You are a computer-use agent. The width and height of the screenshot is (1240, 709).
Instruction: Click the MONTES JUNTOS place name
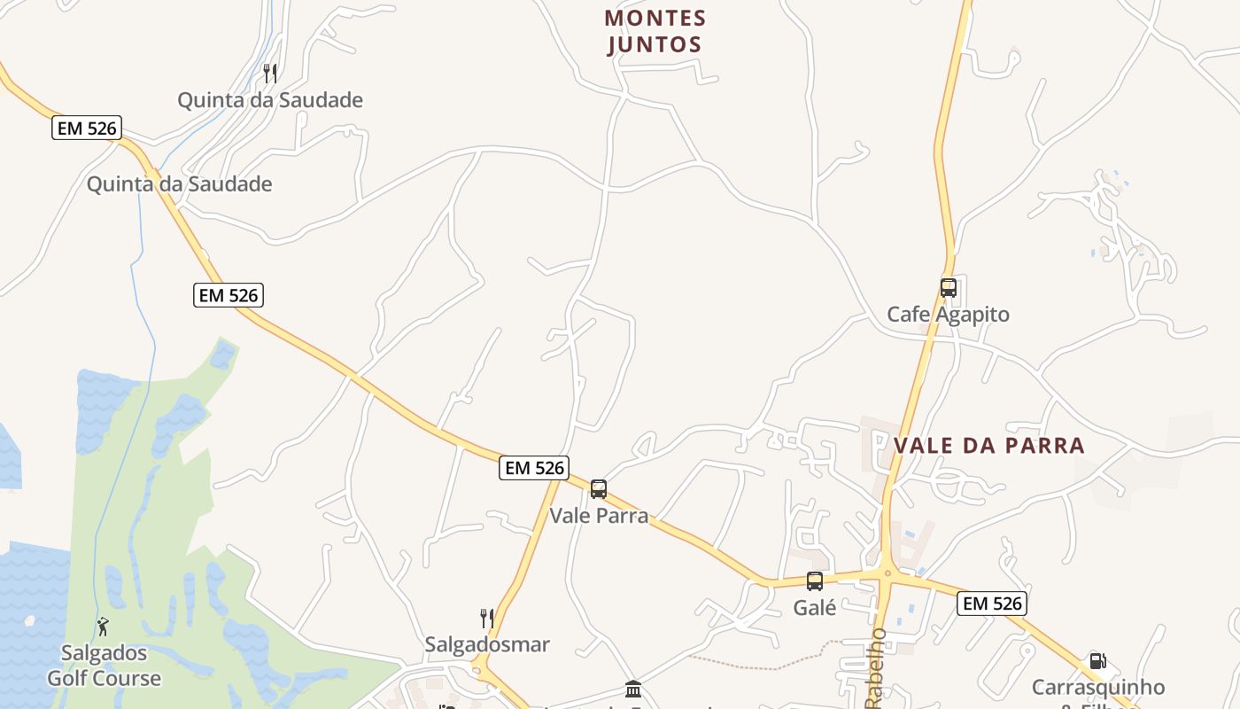pyautogui.click(x=655, y=31)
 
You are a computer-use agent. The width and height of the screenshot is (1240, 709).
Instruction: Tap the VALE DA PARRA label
pyautogui.click(x=989, y=445)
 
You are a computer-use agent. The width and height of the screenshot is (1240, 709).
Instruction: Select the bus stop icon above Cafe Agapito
pyautogui.click(x=948, y=288)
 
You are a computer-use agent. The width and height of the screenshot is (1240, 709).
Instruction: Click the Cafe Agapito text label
pyautogui.click(x=948, y=315)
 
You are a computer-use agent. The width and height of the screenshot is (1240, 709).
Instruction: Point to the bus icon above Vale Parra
pyautogui.click(x=599, y=489)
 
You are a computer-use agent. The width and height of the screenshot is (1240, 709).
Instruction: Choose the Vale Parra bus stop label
pyautogui.click(x=599, y=515)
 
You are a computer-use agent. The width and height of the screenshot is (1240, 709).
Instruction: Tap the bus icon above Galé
pyautogui.click(x=815, y=581)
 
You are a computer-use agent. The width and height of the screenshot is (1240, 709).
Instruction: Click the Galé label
pyautogui.click(x=815, y=608)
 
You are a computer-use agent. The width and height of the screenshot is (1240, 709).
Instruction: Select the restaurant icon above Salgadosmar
pyautogui.click(x=487, y=618)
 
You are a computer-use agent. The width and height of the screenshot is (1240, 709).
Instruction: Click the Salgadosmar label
pyautogui.click(x=487, y=644)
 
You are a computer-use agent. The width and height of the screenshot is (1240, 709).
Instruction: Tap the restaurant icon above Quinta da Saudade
pyautogui.click(x=270, y=73)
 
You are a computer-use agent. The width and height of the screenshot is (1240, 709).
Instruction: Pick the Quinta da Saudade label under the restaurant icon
pyautogui.click(x=270, y=100)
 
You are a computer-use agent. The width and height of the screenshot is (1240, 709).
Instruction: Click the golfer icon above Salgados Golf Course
pyautogui.click(x=104, y=627)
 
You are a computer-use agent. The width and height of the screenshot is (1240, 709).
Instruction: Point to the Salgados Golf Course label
pyautogui.click(x=104, y=666)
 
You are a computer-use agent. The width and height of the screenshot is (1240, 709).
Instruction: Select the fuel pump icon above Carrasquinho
pyautogui.click(x=1097, y=661)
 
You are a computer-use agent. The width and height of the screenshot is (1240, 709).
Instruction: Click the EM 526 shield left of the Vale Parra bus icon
pyautogui.click(x=533, y=468)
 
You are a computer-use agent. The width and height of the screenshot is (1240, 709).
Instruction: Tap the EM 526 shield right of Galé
pyautogui.click(x=991, y=604)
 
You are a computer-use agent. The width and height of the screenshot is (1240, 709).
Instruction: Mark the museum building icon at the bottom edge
pyautogui.click(x=633, y=690)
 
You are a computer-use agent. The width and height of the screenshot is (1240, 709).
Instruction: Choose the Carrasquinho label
pyautogui.click(x=1097, y=688)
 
